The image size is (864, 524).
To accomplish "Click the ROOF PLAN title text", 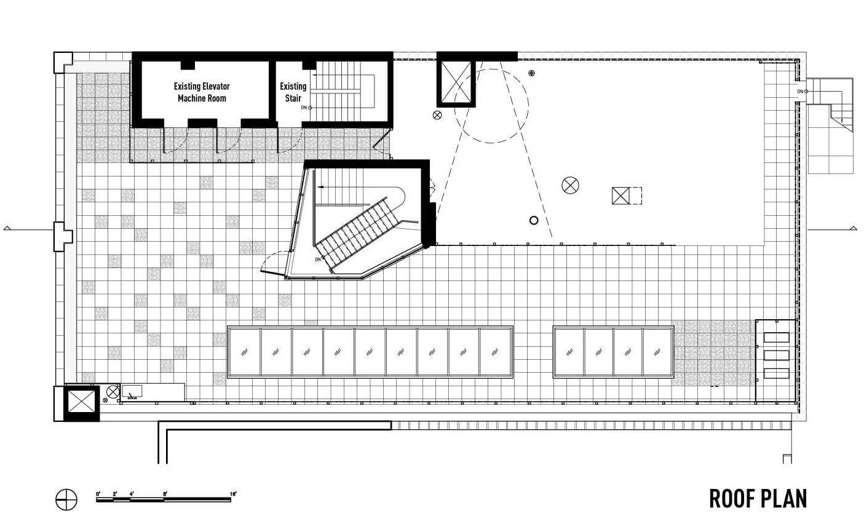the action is pyautogui.click(x=758, y=499).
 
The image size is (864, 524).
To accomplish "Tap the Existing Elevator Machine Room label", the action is pyautogui.click(x=202, y=92).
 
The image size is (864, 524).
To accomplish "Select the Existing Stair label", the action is pyautogui.click(x=293, y=92).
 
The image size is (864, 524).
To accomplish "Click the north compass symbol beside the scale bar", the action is pyautogui.click(x=66, y=499).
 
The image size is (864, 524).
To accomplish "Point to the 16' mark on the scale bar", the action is pyautogui.click(x=233, y=493).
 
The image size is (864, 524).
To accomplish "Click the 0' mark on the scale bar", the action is pyautogui.click(x=98, y=493).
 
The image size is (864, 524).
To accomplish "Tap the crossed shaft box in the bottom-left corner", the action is pyautogui.click(x=81, y=403).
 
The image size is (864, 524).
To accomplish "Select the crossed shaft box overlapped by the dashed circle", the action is pyautogui.click(x=456, y=84).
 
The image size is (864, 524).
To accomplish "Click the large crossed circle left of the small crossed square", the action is pyautogui.click(x=570, y=185).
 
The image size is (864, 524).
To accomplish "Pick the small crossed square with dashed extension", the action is pyautogui.click(x=627, y=196).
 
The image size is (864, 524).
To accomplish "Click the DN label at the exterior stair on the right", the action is pyautogui.click(x=800, y=92).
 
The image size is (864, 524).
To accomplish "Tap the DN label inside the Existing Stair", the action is pyautogui.click(x=304, y=108).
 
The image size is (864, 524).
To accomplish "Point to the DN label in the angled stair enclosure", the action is pyautogui.click(x=318, y=260).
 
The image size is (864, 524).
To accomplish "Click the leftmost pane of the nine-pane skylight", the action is pyautogui.click(x=244, y=352).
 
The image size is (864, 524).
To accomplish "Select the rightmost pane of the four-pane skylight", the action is pyautogui.click(x=657, y=352).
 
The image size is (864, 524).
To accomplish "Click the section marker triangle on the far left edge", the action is pyautogui.click(x=7, y=228).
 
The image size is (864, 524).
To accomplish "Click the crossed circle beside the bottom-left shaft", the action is pyautogui.click(x=113, y=392).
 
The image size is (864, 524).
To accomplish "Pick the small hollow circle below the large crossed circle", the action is pyautogui.click(x=534, y=221).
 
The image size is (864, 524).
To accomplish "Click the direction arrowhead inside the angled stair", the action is pyautogui.click(x=320, y=187).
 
